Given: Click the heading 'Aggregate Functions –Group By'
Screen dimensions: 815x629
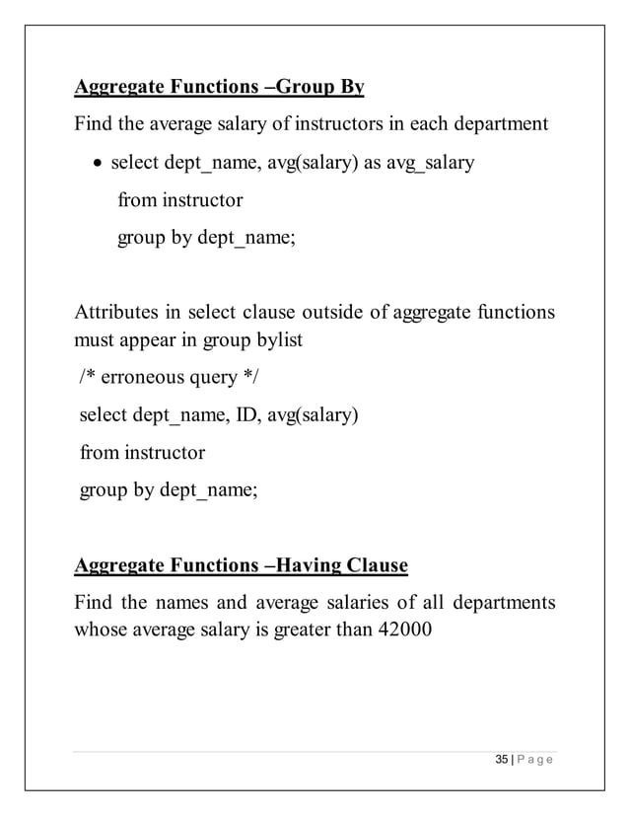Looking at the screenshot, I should click(219, 88).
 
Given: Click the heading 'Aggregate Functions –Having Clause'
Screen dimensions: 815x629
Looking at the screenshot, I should click(241, 565).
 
